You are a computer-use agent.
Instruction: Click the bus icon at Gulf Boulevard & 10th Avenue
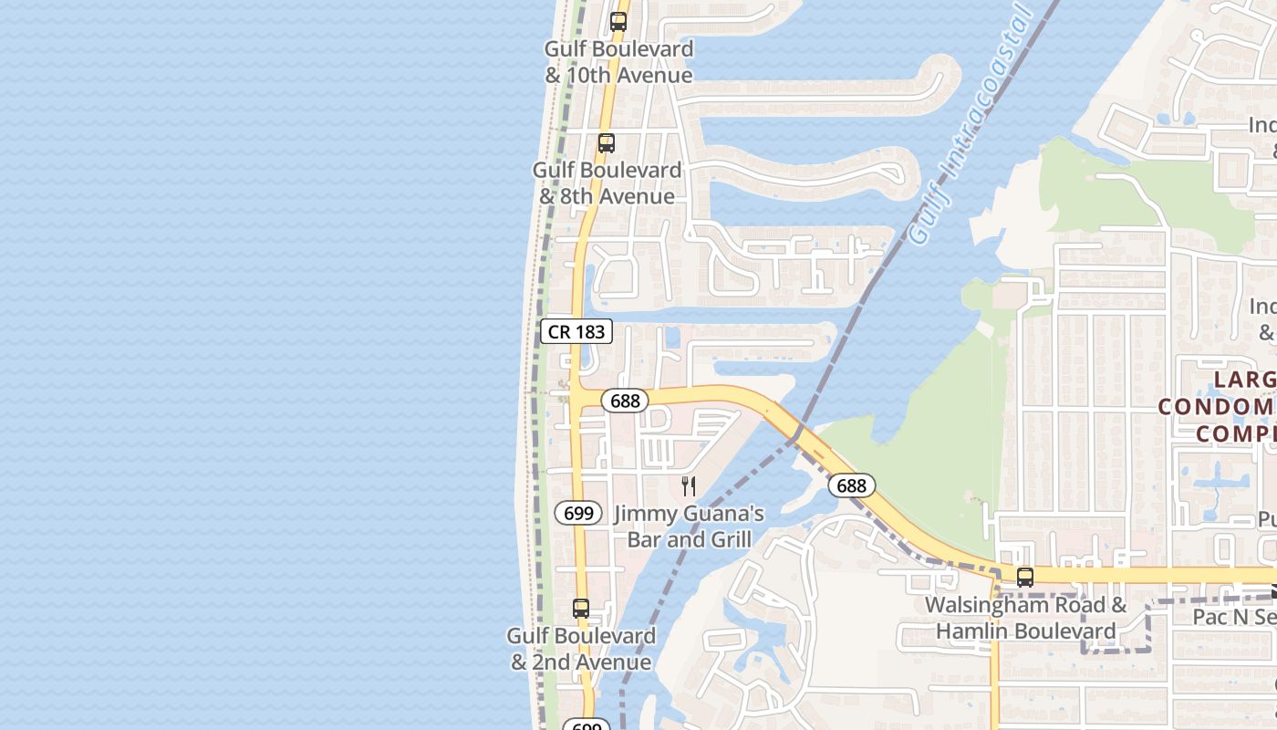[618, 21]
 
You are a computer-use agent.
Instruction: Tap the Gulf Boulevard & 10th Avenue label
[619, 62]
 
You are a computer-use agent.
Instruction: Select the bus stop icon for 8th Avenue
[607, 143]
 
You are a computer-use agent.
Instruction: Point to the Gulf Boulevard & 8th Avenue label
[607, 183]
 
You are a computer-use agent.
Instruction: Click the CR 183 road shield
[576, 331]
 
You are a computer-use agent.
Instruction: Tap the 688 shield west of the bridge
[625, 401]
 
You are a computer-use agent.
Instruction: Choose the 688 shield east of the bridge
[851, 485]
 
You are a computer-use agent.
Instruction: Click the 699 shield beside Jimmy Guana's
[578, 513]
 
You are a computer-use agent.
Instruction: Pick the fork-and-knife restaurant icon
[689, 485]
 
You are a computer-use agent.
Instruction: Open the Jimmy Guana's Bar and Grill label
[690, 527]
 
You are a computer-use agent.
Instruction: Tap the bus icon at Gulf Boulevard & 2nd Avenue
[581, 609]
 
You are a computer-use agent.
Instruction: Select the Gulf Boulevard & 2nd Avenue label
[582, 649]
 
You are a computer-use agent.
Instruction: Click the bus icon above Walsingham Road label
[1025, 577]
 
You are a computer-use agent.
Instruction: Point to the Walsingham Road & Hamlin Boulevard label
[1025, 618]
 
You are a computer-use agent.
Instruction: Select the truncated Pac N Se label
[1234, 618]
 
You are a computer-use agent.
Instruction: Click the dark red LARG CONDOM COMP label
[1218, 406]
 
